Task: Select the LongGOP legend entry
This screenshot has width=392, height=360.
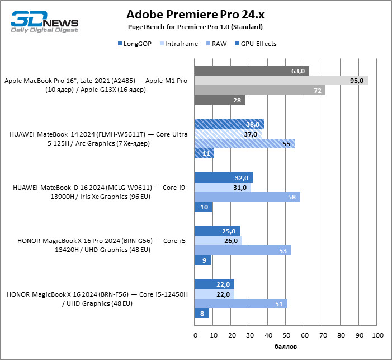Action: [x=135, y=43]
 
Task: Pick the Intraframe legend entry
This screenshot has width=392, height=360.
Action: [x=178, y=43]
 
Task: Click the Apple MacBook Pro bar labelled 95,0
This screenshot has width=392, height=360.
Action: [x=281, y=81]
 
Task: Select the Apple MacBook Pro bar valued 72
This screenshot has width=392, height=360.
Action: [x=259, y=90]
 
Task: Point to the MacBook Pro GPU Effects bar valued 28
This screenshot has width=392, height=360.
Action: [x=219, y=100]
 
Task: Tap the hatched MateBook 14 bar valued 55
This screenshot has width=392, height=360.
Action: [x=244, y=144]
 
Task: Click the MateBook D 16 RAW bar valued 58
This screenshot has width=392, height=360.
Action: [x=247, y=197]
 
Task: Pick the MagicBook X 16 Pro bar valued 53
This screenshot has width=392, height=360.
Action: [x=242, y=250]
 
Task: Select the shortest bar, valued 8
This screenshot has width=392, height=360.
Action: [x=201, y=314]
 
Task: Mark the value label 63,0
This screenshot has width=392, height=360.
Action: [x=299, y=71]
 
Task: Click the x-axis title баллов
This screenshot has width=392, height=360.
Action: [x=286, y=347]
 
